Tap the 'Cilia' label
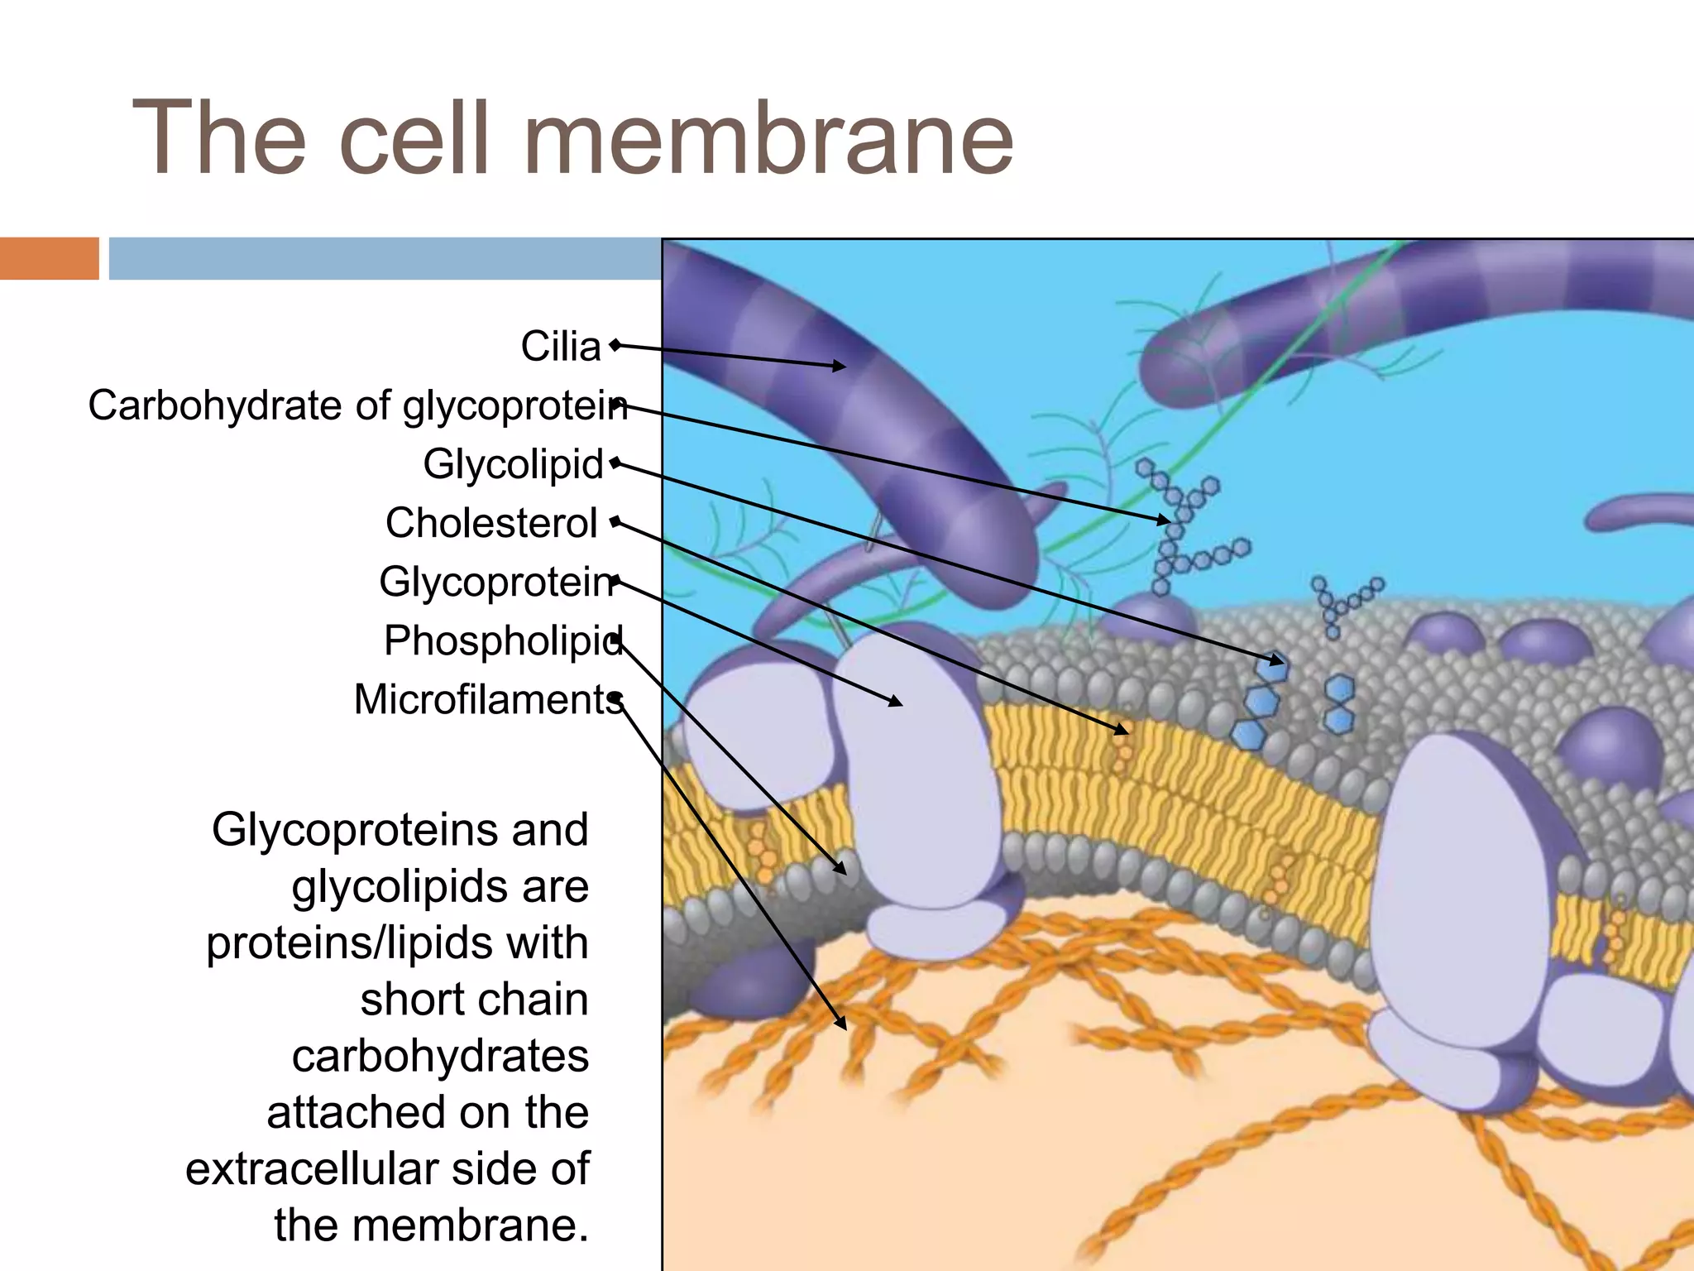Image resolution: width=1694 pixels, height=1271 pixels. point(561,346)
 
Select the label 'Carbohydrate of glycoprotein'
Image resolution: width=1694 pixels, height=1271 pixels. point(357,405)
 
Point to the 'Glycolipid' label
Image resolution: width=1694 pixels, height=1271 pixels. point(513,463)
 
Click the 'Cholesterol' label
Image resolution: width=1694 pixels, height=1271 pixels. point(491,523)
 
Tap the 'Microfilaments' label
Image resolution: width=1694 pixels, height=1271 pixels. point(488,699)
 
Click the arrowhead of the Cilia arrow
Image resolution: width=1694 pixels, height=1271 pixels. point(840,366)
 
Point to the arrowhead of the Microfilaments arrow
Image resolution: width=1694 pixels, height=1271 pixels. point(842,1024)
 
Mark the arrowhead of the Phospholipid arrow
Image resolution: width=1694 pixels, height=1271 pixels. point(841,869)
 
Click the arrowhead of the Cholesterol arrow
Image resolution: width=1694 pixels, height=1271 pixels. point(1122,731)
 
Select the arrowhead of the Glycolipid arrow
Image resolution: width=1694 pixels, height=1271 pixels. point(1280,661)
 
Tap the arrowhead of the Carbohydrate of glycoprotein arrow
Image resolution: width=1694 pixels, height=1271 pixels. point(1165,520)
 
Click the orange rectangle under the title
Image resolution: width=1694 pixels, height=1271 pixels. point(49,258)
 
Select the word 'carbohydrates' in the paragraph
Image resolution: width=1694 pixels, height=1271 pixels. point(440,1056)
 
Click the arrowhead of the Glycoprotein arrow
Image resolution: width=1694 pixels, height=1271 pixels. point(897,703)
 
